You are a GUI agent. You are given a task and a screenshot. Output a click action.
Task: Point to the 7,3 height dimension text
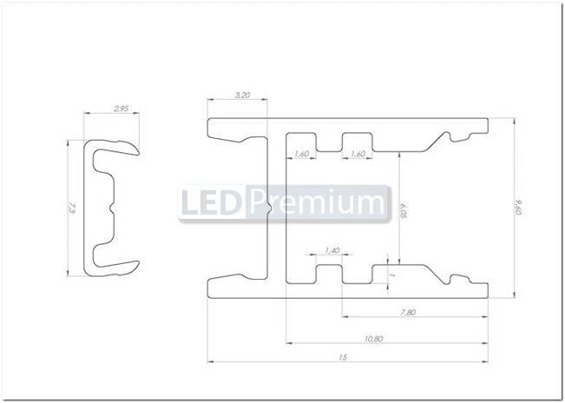click(71, 208)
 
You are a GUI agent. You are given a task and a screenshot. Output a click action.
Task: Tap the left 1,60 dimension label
click(302, 154)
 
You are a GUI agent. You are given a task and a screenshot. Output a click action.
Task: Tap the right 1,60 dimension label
click(357, 154)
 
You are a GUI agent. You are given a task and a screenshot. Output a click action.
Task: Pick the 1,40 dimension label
click(331, 250)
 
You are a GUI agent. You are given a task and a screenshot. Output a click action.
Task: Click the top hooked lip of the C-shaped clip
click(122, 148)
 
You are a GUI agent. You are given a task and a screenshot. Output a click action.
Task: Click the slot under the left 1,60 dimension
click(301, 141)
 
